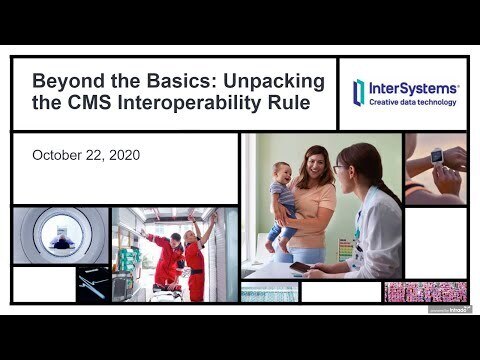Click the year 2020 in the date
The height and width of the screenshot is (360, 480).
[x=123, y=155]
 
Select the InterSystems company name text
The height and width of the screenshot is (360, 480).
[x=413, y=87]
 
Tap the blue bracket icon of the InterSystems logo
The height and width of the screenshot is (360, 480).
[x=359, y=92]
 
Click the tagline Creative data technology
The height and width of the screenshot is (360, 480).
[x=413, y=102]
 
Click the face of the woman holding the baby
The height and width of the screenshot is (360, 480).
[x=317, y=164]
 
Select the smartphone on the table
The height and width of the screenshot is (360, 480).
[x=299, y=267]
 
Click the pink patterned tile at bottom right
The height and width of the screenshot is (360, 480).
[x=426, y=292]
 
